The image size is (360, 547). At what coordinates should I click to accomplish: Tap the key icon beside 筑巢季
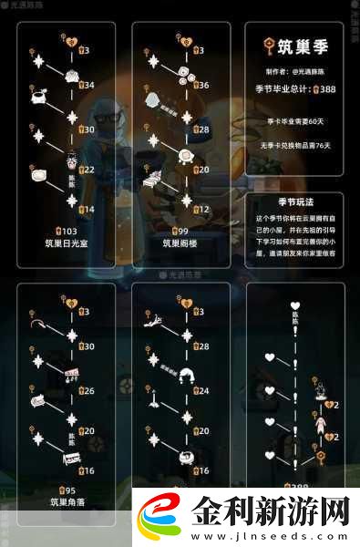point(267,47)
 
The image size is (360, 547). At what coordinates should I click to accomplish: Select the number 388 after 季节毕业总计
point(324,90)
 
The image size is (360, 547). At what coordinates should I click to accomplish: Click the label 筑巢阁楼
point(180,244)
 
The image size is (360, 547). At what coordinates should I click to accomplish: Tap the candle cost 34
point(87,85)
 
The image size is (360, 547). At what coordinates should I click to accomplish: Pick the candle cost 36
point(202,85)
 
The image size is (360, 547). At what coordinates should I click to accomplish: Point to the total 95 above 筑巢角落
point(66,489)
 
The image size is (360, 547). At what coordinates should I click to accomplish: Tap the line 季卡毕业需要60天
point(294,121)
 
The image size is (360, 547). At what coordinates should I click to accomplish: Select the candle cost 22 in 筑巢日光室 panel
point(87,170)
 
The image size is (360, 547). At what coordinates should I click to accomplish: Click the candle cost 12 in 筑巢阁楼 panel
point(202,210)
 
